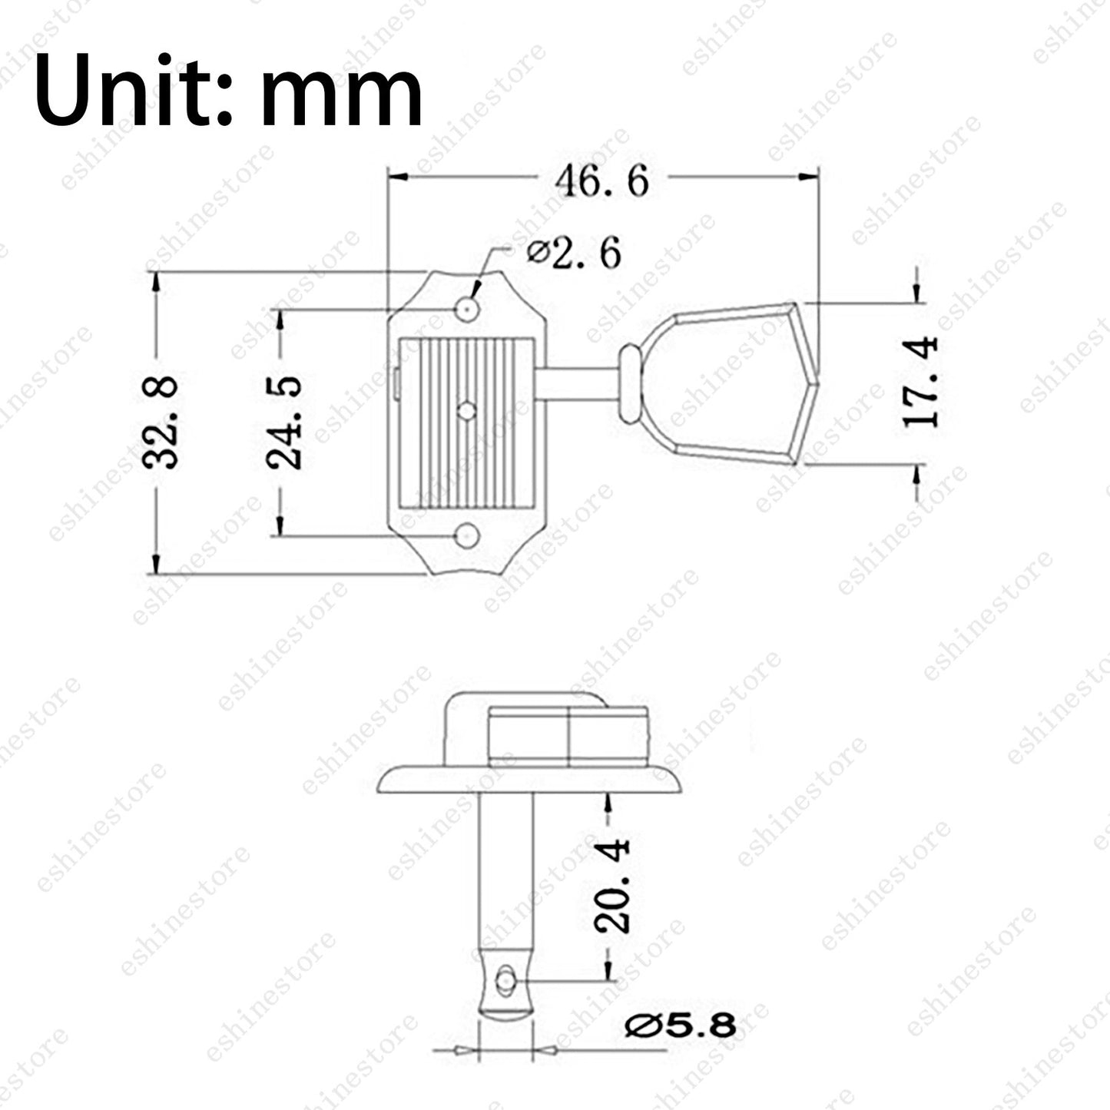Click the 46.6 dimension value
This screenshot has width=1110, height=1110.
[x=602, y=181]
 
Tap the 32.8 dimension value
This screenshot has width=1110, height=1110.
[x=160, y=422]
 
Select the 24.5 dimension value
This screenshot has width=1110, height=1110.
[x=284, y=422]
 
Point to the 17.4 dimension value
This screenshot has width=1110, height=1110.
[x=920, y=383]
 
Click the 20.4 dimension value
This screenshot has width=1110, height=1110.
[x=611, y=886]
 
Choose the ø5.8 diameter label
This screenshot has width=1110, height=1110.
[x=681, y=1026]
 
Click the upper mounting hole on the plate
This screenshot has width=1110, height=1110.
[x=468, y=310]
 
